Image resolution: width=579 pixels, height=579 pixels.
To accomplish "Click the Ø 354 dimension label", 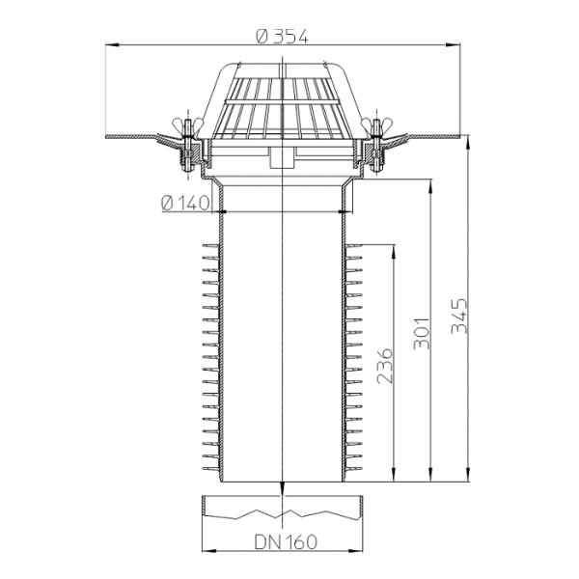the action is pyautogui.click(x=282, y=37).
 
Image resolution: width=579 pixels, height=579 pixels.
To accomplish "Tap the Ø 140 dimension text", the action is pyautogui.click(x=185, y=203).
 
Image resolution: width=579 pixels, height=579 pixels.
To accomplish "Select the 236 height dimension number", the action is pyautogui.click(x=384, y=366).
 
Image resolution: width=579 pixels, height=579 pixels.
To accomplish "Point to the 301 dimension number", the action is pyautogui.click(x=422, y=333).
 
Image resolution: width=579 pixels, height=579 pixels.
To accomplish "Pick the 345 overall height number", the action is pyautogui.click(x=459, y=316).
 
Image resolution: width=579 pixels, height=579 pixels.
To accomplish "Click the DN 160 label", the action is pyautogui.click(x=286, y=542).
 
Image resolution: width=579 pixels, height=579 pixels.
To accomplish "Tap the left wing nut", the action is pyautogui.click(x=188, y=124).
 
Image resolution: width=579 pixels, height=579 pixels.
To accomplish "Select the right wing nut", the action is pyautogui.click(x=376, y=124).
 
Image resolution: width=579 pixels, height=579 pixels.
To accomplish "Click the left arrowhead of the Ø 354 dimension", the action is pyautogui.click(x=112, y=45).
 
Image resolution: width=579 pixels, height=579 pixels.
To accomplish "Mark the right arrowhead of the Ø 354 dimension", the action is pyautogui.click(x=454, y=45).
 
